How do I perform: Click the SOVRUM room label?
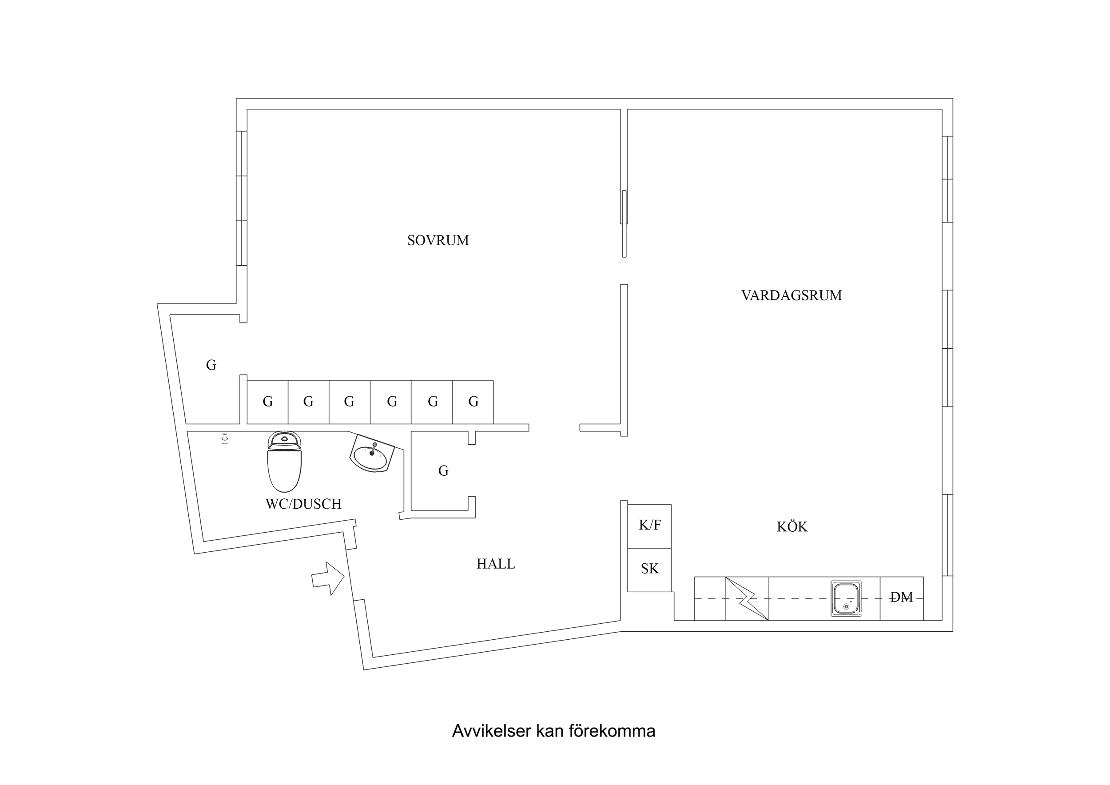pyautogui.click(x=438, y=240)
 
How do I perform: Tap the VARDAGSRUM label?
pyautogui.click(x=792, y=295)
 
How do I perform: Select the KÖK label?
pyautogui.click(x=792, y=527)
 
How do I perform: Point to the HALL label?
pyautogui.click(x=496, y=564)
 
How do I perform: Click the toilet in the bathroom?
pyautogui.click(x=284, y=463)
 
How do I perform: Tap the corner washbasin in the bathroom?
pyautogui.click(x=371, y=455)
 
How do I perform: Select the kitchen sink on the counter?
pyautogui.click(x=846, y=599)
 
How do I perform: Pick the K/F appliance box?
pyautogui.click(x=649, y=525)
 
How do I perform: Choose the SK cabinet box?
pyautogui.click(x=649, y=569)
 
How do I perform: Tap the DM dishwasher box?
pyautogui.click(x=902, y=598)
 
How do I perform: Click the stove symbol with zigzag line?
pyautogui.click(x=747, y=599)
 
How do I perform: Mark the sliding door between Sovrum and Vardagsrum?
pyautogui.click(x=624, y=223)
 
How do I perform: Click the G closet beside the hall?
pyautogui.click(x=443, y=470)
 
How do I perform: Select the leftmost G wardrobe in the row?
pyautogui.click(x=267, y=402)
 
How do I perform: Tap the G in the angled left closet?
pyautogui.click(x=211, y=365)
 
